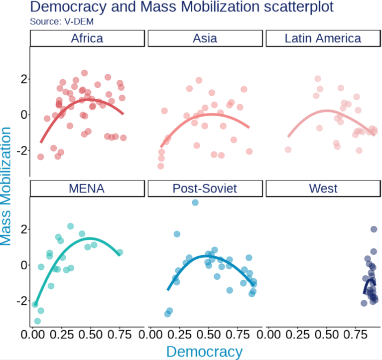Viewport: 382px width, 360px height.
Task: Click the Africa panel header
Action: click(x=87, y=38)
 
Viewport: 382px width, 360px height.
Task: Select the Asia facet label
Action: click(x=205, y=38)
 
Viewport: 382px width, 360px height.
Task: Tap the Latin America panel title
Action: click(x=323, y=38)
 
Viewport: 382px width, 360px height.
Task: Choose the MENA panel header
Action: click(x=87, y=188)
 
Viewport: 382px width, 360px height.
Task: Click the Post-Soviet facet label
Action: click(x=205, y=188)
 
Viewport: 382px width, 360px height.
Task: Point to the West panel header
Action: click(x=323, y=188)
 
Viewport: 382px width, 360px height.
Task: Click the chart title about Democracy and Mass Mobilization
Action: click(x=181, y=7)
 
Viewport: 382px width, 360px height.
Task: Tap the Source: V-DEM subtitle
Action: click(x=61, y=21)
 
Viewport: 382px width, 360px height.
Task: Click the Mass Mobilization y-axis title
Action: click(x=6, y=185)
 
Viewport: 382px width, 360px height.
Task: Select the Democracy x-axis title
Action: click(x=204, y=351)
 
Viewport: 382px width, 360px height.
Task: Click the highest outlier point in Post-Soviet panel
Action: click(x=195, y=202)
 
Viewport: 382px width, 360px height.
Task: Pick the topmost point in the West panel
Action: click(x=374, y=229)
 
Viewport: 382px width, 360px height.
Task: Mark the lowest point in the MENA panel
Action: click(x=37, y=321)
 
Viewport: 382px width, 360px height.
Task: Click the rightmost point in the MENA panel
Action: click(x=120, y=252)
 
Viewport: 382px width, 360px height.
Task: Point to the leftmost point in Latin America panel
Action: click(x=288, y=150)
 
